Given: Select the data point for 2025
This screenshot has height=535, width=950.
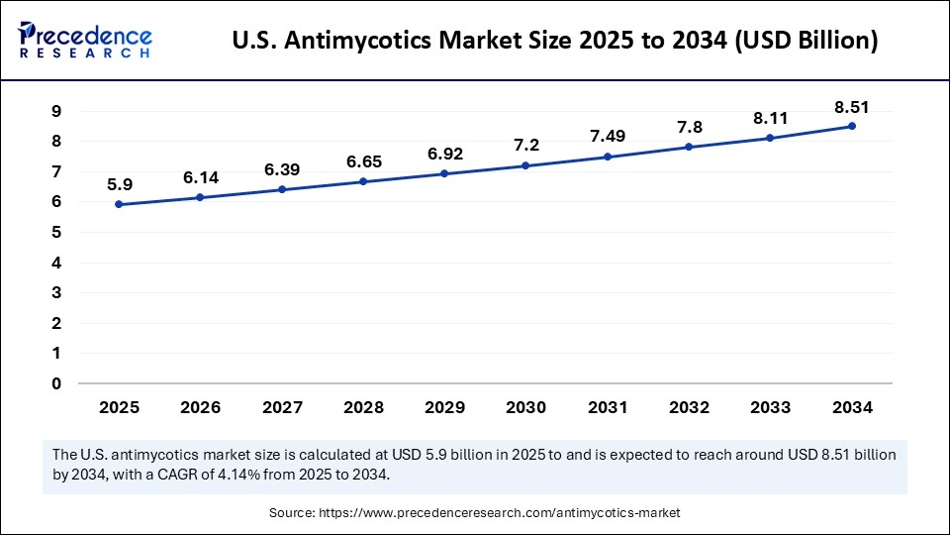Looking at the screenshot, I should coord(119,204).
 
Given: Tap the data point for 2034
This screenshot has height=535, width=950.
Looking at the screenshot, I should coord(852,126).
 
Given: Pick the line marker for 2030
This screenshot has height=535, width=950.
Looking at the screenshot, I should coord(525,165).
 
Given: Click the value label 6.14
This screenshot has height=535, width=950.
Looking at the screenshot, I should coord(201,177).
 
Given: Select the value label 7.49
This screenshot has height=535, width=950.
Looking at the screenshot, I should coord(607,137).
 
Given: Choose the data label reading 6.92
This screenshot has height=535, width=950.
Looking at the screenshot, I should coord(444,154).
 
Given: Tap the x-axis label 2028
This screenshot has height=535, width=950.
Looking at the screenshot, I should coord(363,407).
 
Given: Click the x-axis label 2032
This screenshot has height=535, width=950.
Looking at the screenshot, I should coord(689,407).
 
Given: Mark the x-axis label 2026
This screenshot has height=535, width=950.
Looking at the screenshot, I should coord(201,407).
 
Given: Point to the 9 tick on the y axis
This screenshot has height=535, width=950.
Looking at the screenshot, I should coord(56,111).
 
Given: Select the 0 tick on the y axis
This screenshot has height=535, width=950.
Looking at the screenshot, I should coord(56,383).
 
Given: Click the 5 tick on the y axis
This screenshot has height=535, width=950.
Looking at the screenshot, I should coord(56,232).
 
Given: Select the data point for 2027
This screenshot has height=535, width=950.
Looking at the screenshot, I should coord(282,189).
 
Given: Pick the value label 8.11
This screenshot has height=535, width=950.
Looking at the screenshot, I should coord(770,118).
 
